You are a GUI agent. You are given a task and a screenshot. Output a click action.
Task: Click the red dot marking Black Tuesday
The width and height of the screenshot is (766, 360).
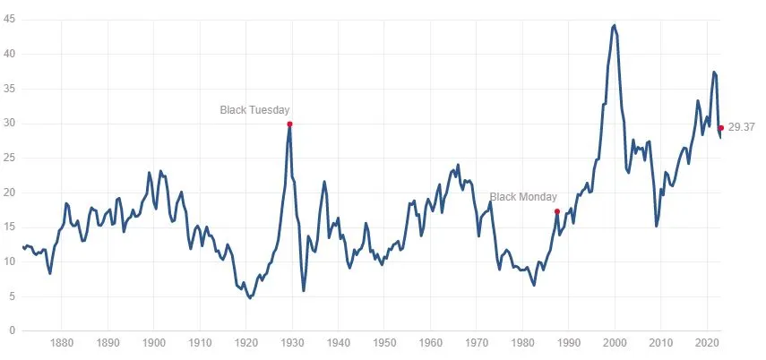(289, 124)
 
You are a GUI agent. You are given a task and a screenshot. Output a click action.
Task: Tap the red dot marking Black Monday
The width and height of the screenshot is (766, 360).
(557, 211)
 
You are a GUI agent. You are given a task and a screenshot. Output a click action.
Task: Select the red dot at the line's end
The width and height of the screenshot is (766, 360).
(720, 128)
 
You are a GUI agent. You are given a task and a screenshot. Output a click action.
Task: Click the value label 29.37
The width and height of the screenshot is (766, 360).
(742, 128)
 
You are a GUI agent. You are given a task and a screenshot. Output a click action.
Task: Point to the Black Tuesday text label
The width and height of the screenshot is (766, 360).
(255, 110)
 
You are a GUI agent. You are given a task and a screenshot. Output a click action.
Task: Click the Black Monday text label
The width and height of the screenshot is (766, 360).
(523, 197)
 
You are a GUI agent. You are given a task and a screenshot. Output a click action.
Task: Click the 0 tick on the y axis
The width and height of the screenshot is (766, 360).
(12, 331)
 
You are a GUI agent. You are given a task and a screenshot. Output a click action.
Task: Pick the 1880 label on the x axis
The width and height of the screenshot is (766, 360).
(62, 343)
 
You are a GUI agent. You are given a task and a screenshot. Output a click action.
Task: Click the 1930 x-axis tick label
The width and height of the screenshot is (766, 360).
(292, 343)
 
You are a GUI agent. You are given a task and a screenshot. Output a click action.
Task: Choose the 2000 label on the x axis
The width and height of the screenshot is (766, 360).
(615, 343)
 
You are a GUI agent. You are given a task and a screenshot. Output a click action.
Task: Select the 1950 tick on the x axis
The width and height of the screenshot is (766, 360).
(384, 343)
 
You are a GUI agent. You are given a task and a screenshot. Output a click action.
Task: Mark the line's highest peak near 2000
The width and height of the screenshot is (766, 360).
(614, 25)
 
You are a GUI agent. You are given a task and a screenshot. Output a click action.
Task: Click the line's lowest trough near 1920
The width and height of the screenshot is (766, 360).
(250, 297)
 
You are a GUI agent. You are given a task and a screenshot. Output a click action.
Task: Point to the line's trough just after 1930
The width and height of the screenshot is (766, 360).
(304, 290)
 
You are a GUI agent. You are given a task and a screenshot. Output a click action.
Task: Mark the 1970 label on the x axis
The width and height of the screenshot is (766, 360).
(477, 343)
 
